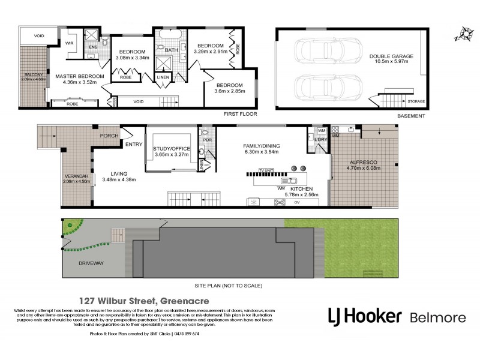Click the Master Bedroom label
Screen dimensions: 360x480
pos(80,77)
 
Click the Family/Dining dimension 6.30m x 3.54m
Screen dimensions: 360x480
pos(262,152)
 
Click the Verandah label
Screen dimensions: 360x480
pos(76,176)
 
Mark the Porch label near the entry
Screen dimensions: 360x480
pos(109,135)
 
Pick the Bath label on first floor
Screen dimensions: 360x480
pos(172,50)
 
